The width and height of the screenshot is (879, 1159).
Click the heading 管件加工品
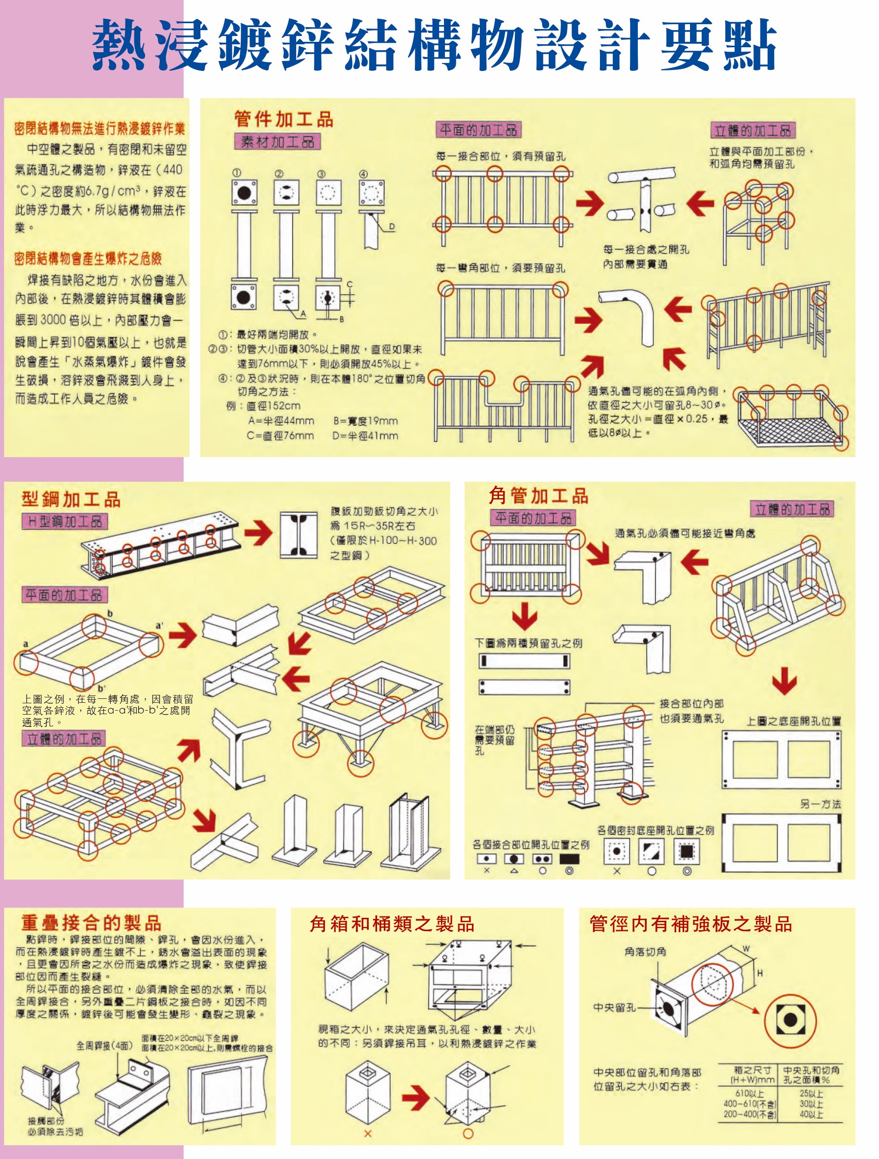[283, 120]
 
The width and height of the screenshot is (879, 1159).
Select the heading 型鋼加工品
[71, 500]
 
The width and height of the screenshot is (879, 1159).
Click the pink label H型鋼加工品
[64, 521]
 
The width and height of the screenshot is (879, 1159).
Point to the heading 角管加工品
[538, 495]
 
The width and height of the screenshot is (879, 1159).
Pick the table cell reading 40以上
[811, 1115]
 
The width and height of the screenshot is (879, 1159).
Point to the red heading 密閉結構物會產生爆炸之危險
[88, 258]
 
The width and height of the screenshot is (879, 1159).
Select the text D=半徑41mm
[365, 436]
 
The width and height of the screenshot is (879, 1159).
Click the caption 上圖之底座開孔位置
[794, 721]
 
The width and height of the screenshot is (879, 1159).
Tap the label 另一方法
[820, 804]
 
